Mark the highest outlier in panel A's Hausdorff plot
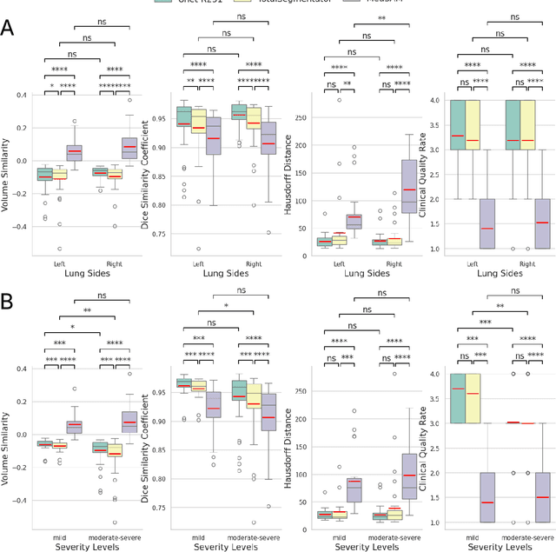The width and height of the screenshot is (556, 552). point(340,100)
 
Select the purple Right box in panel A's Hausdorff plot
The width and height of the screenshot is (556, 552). point(409,186)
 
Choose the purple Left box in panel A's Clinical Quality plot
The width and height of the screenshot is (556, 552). point(486,223)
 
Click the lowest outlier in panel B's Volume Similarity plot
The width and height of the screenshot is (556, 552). point(115,522)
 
